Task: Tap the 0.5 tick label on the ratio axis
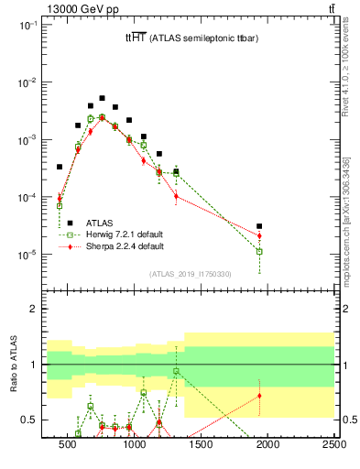(x=29, y=420)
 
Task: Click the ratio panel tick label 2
(x=35, y=310)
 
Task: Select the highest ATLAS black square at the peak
(x=102, y=98)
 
